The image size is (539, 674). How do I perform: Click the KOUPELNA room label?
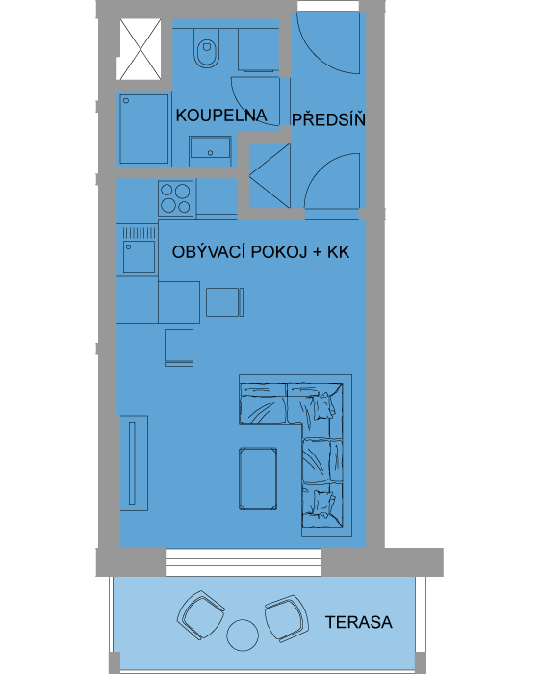[x=221, y=116]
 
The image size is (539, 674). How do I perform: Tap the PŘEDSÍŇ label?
[x=328, y=119]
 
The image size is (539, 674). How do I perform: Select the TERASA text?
[x=358, y=622]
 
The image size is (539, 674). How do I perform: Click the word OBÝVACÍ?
[x=209, y=251]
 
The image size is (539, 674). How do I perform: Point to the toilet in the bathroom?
[x=207, y=48]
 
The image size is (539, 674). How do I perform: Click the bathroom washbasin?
[x=210, y=147]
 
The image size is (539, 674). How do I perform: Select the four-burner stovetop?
[x=176, y=198]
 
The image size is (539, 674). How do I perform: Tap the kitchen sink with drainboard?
[x=139, y=250]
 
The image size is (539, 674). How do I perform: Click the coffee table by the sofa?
[x=258, y=479]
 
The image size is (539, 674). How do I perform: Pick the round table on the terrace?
[x=243, y=635]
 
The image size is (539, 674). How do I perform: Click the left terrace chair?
[x=200, y=614]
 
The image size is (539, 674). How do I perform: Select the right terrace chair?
[x=287, y=618]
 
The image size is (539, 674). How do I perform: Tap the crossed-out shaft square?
[x=141, y=49]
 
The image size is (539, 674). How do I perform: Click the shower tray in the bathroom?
[x=144, y=129]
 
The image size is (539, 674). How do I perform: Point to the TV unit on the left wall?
[x=134, y=463]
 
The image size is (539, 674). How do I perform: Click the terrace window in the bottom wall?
[x=244, y=562]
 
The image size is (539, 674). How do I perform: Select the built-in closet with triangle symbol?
[x=269, y=176]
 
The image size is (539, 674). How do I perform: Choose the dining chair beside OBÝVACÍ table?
[x=224, y=302]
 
